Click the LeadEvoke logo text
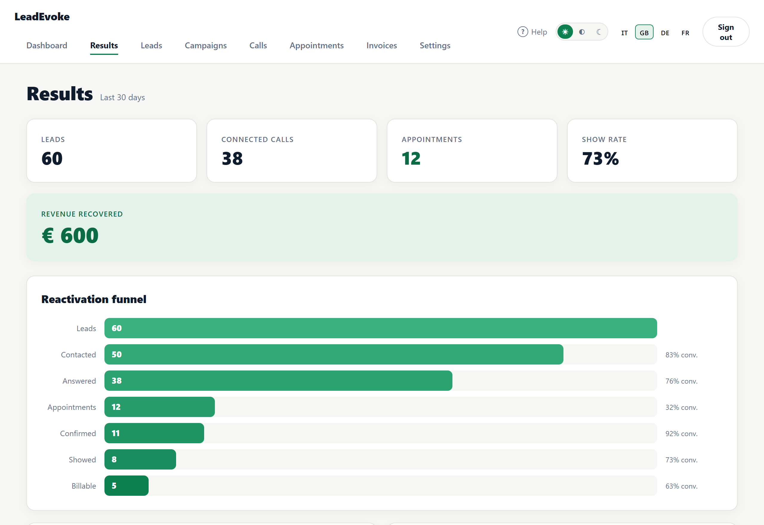42,17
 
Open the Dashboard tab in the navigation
47,45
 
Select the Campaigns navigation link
206,45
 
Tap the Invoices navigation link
382,45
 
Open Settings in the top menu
435,45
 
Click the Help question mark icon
523,32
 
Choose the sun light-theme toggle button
565,32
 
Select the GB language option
644,32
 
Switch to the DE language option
665,33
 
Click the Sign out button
726,32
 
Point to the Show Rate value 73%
600,159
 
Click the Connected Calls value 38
232,159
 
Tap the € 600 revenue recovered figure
70,235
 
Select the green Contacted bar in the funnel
334,354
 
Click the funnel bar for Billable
126,486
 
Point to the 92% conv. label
681,433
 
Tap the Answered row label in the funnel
79,381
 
